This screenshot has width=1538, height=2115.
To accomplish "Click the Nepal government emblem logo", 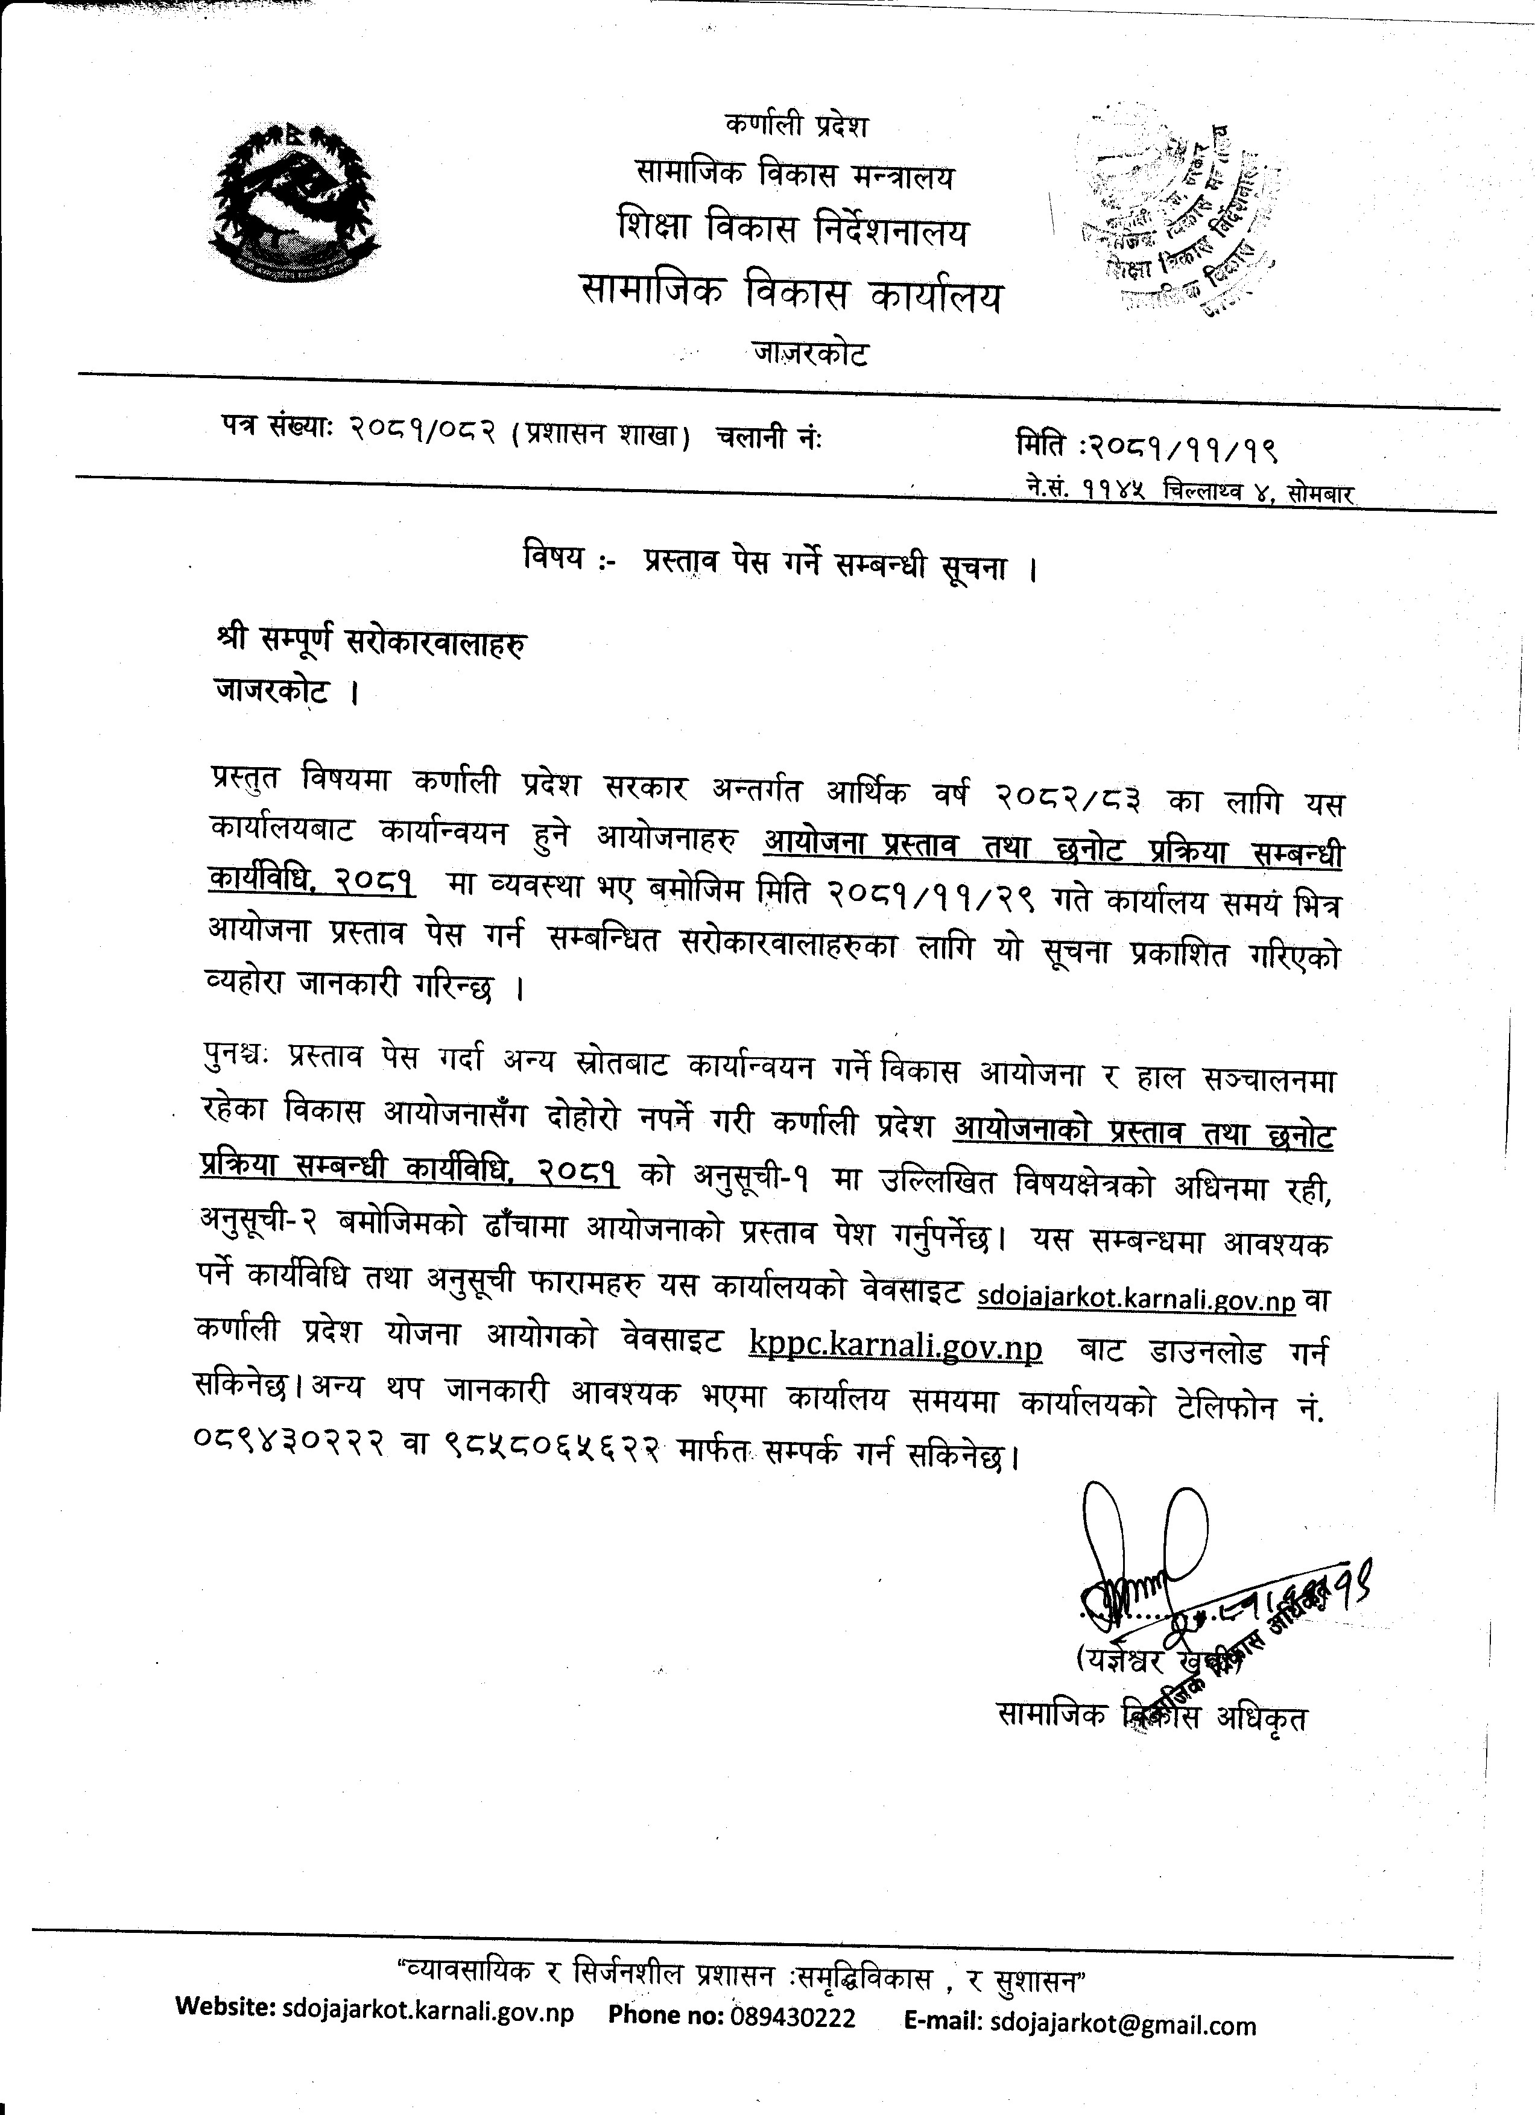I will click(x=297, y=203).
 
